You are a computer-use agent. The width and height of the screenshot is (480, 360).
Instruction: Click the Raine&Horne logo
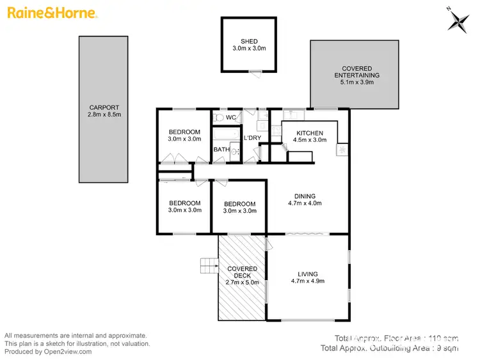[52, 13]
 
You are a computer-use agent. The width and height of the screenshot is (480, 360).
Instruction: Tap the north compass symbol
[458, 21]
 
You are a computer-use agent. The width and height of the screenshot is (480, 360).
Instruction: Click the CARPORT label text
[104, 107]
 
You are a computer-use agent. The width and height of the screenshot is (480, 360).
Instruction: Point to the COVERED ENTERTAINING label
[356, 72]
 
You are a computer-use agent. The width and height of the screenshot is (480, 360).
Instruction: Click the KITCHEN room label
[309, 132]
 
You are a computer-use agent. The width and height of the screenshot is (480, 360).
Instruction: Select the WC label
[231, 118]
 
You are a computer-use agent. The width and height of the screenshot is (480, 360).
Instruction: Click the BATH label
[221, 150]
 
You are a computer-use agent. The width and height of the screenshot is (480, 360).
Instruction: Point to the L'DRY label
[252, 138]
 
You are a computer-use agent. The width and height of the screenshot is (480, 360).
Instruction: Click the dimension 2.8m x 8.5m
[104, 114]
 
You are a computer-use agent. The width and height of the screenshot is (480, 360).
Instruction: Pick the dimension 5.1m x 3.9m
[356, 82]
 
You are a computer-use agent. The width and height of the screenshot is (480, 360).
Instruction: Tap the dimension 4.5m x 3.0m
[310, 139]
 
